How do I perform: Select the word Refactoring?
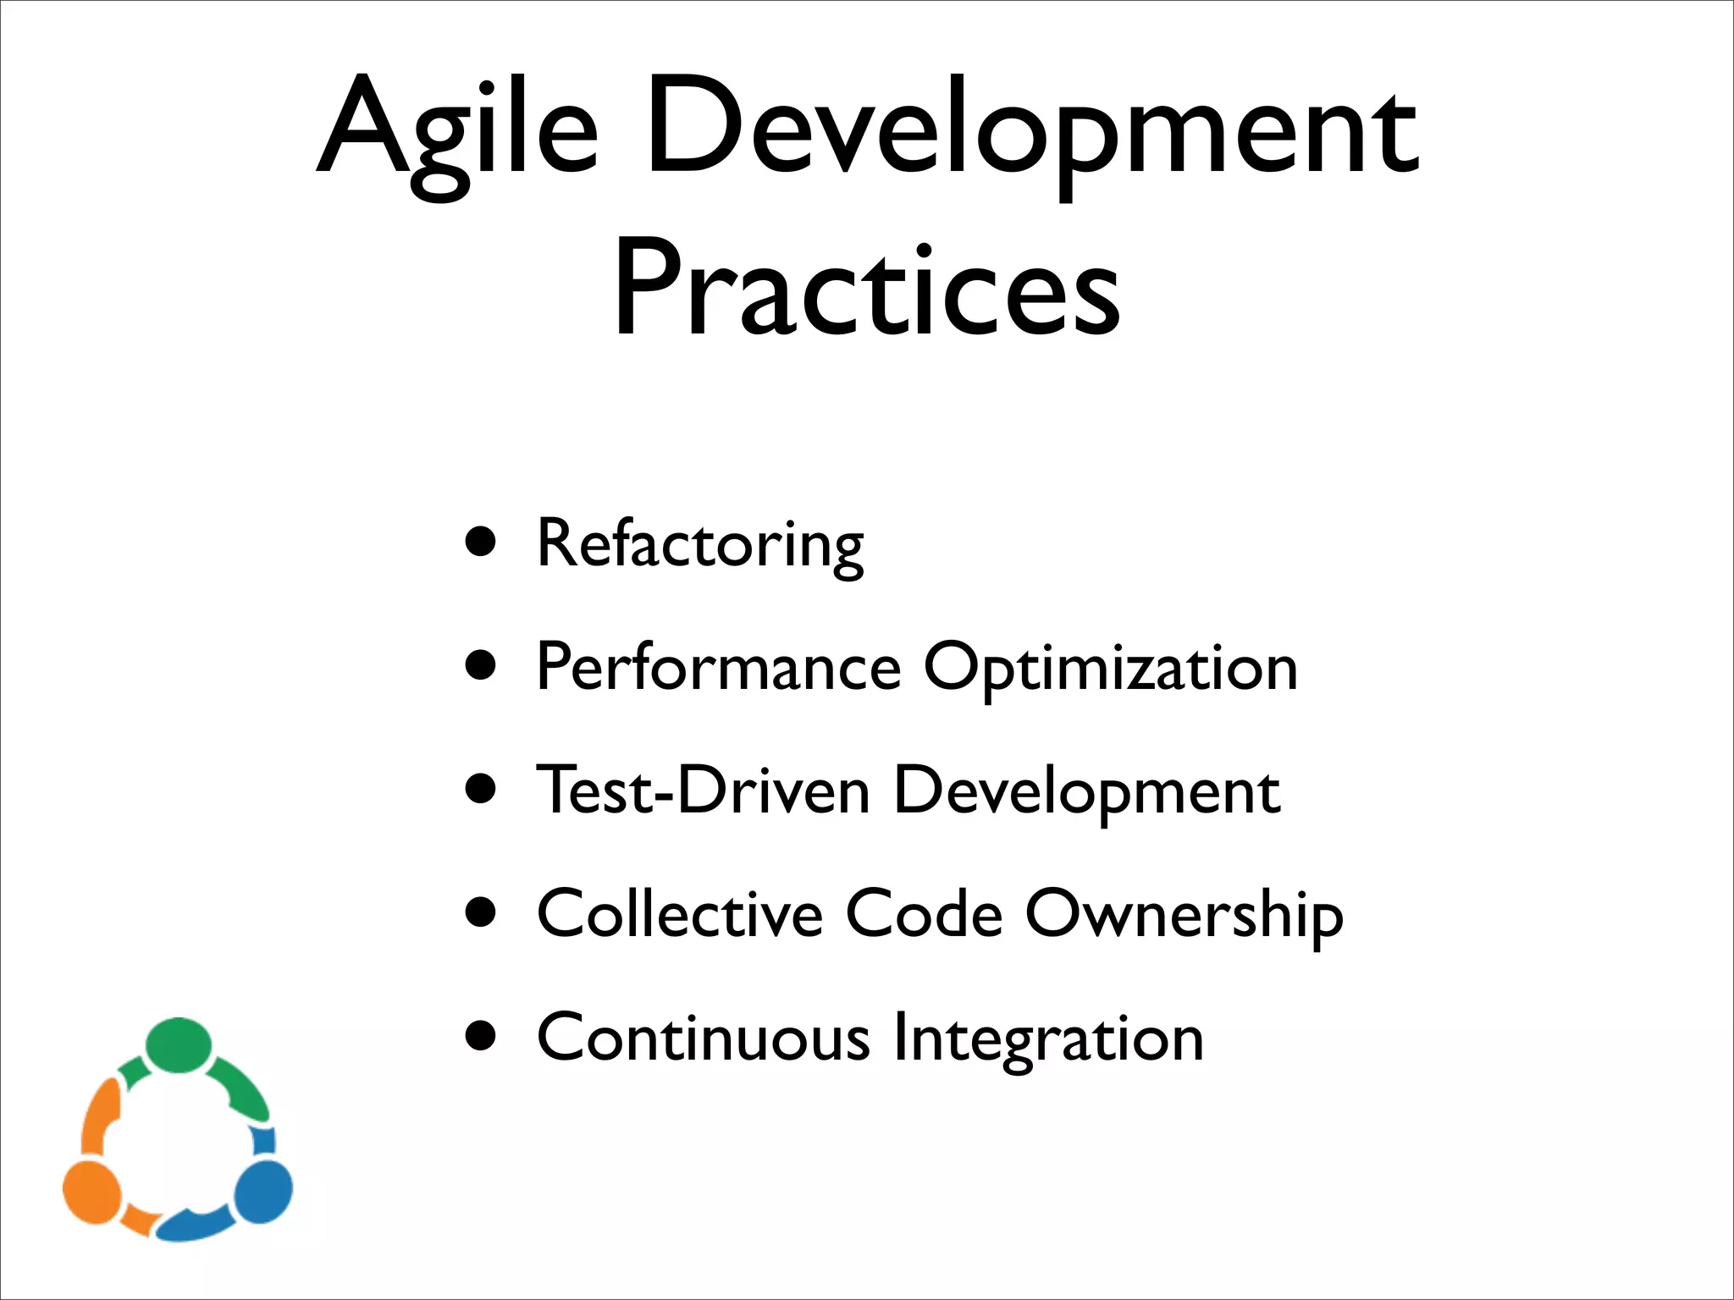click(699, 544)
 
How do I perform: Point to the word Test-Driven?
click(703, 790)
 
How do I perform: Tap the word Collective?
click(679, 914)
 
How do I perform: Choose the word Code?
click(924, 914)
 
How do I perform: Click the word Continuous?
click(703, 1038)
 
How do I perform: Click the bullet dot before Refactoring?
click(481, 542)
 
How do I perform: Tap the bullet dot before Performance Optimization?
click(481, 665)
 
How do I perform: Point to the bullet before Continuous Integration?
click(481, 1035)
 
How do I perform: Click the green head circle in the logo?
click(178, 1044)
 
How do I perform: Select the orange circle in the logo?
click(92, 1192)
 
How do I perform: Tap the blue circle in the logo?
click(263, 1192)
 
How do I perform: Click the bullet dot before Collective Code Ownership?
click(481, 912)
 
